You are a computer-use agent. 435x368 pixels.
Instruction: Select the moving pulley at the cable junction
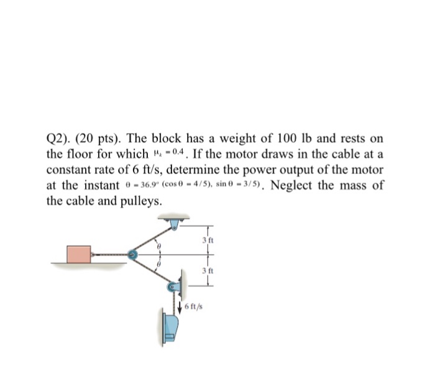[x=132, y=254]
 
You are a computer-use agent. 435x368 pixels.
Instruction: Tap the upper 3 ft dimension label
[x=208, y=240]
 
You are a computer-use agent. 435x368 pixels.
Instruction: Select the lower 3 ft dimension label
[x=208, y=270]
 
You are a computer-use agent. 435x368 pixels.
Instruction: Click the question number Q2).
[x=59, y=138]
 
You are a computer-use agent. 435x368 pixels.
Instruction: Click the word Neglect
[x=295, y=186]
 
